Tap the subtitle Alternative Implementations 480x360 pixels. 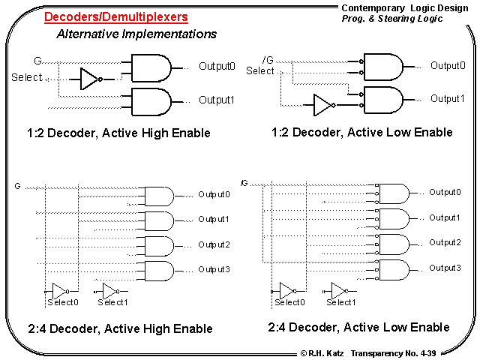click(x=136, y=34)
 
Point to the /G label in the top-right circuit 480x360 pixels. click(x=268, y=60)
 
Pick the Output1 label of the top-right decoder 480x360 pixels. click(x=447, y=98)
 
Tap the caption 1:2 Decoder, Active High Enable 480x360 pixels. click(x=118, y=133)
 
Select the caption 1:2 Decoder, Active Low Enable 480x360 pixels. click(x=361, y=132)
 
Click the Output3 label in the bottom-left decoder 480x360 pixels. click(x=214, y=269)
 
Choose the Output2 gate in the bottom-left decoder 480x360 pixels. click(x=157, y=246)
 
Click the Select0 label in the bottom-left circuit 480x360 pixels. click(x=62, y=302)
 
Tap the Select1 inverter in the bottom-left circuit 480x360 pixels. click(x=110, y=290)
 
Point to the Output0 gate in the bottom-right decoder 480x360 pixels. click(x=394, y=193)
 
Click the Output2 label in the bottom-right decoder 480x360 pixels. click(x=445, y=242)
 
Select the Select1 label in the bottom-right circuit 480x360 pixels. click(x=339, y=302)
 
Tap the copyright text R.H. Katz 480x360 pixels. click(x=322, y=352)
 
